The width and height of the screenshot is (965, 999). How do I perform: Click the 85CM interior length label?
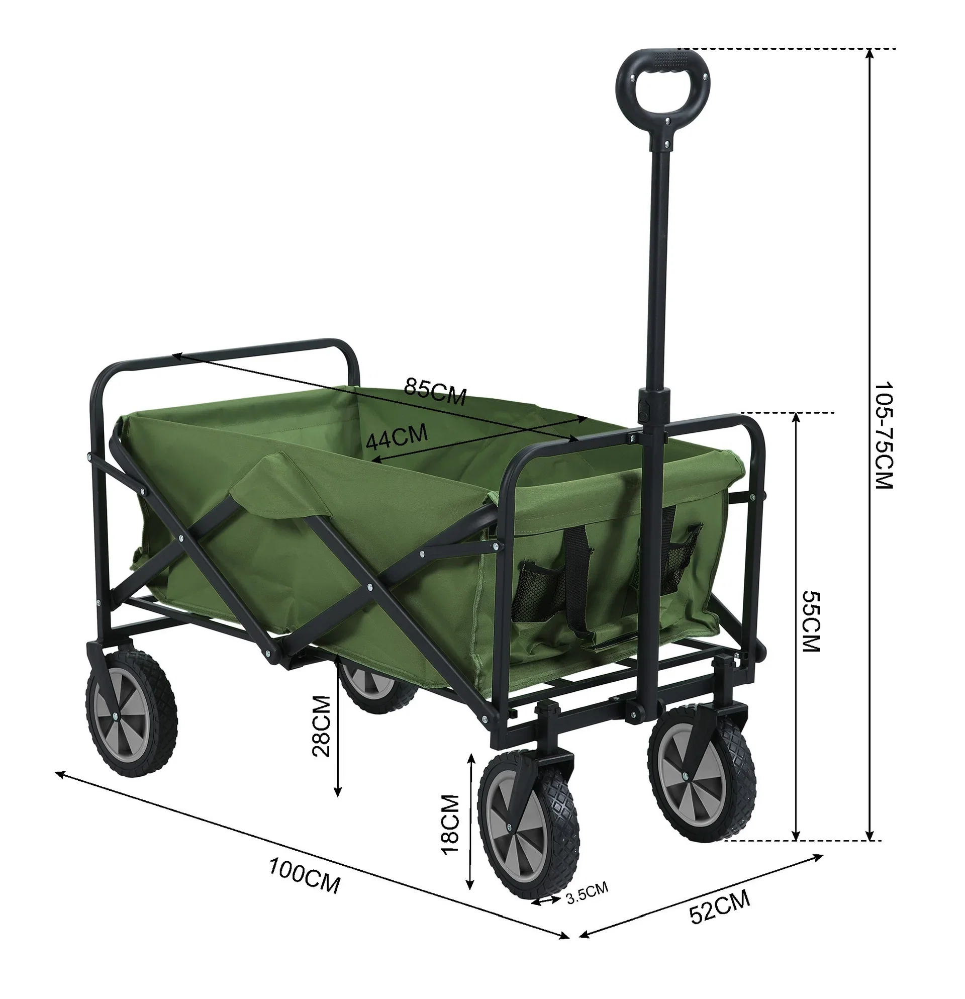[435, 391]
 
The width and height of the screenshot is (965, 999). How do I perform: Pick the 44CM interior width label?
[397, 437]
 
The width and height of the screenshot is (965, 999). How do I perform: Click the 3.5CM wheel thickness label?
[588, 891]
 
